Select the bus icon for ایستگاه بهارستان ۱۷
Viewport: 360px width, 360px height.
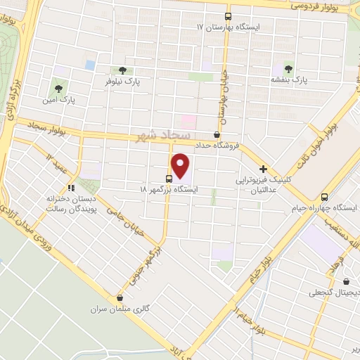click(228, 15)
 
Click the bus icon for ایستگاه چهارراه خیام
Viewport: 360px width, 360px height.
click(324, 197)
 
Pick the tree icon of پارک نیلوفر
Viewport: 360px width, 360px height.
click(123, 70)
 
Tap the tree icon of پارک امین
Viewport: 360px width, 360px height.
click(58, 89)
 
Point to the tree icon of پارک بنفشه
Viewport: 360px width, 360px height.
click(289, 67)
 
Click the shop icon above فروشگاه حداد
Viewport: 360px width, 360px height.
click(216, 134)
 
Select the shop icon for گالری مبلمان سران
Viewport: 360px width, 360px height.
click(120, 297)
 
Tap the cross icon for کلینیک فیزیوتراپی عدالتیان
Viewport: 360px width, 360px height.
click(263, 169)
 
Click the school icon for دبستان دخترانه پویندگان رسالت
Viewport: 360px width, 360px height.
click(70, 188)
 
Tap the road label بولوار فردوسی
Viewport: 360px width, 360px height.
click(314, 6)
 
